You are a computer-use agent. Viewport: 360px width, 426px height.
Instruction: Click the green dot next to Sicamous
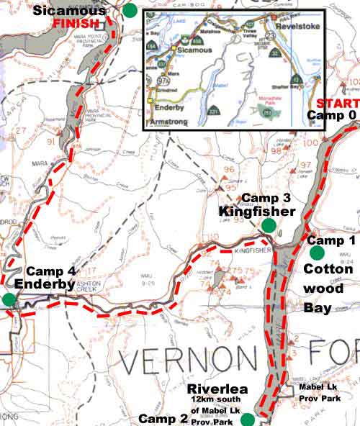coord(130,10)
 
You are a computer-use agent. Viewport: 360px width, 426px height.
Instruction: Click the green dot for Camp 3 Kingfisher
coord(269,225)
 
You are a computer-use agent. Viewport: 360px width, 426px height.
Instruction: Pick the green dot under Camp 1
coord(316,253)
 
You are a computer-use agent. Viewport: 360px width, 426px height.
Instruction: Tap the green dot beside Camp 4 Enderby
coord(9,299)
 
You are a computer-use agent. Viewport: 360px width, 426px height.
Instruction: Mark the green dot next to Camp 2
coord(248,419)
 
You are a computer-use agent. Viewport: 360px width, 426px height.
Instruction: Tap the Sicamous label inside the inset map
coord(195,50)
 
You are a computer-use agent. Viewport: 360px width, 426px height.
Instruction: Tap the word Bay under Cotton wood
coord(318,308)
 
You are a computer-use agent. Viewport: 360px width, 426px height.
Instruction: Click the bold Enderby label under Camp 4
coord(50,284)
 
